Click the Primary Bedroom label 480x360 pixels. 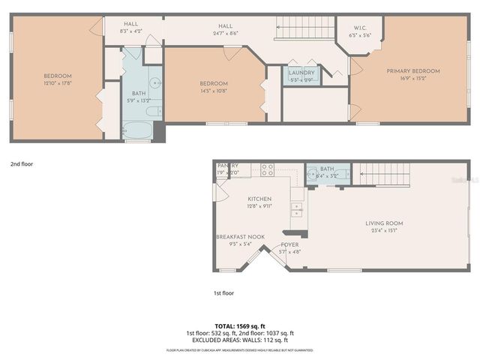click(x=413, y=71)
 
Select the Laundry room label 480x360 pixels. click(x=301, y=73)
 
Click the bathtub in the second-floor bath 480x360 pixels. click(x=138, y=130)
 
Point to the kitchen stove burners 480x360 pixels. click(x=267, y=170)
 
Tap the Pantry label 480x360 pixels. click(x=228, y=166)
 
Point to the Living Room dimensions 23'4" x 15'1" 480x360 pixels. click(x=384, y=230)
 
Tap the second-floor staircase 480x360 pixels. click(x=304, y=31)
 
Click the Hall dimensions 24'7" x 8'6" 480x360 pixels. click(x=226, y=33)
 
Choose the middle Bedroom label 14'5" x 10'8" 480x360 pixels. click(x=214, y=83)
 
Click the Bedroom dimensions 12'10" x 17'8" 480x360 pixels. click(x=57, y=83)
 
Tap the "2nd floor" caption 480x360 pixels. click(x=22, y=163)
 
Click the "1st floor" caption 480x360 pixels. click(x=225, y=294)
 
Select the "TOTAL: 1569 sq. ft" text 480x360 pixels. click(x=240, y=326)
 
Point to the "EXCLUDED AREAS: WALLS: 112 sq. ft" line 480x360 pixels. click(x=240, y=340)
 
